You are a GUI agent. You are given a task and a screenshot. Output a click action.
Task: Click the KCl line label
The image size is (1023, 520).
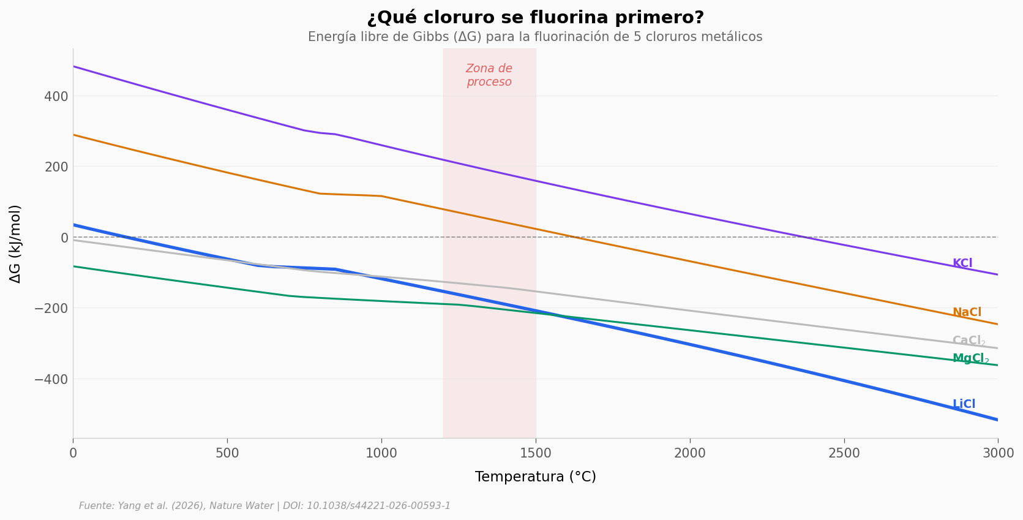962,263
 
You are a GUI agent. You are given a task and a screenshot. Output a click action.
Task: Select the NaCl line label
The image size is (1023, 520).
967,312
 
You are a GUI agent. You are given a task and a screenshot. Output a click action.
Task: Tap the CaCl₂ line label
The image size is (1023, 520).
969,341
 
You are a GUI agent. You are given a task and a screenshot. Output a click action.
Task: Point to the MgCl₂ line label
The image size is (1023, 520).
970,358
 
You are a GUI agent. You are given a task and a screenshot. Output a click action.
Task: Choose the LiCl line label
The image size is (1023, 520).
964,404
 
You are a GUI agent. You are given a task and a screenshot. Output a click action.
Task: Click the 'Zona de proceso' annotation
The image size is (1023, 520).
489,75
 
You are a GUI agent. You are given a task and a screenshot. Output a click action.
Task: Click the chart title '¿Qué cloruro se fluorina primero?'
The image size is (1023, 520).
535,18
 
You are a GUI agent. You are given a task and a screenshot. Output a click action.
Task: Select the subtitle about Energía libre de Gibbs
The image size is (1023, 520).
535,37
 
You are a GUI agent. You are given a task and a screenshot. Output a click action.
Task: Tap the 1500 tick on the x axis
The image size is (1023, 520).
536,453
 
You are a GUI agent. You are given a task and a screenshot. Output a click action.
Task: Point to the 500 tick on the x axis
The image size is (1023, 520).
227,453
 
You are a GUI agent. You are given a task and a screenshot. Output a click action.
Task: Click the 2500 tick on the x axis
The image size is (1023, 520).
844,453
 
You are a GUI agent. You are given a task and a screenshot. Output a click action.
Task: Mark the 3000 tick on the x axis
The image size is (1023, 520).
998,453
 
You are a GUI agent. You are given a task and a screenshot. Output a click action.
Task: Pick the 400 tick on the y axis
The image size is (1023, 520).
56,96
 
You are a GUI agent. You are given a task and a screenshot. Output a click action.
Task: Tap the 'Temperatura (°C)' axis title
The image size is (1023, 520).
535,477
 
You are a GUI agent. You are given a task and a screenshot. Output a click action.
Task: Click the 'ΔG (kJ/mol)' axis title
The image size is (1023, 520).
15,244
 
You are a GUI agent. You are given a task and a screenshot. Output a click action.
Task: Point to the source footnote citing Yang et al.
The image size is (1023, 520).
264,506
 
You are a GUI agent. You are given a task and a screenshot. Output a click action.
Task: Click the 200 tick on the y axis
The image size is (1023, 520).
56,167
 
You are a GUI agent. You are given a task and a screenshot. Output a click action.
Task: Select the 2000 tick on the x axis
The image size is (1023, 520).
690,453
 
